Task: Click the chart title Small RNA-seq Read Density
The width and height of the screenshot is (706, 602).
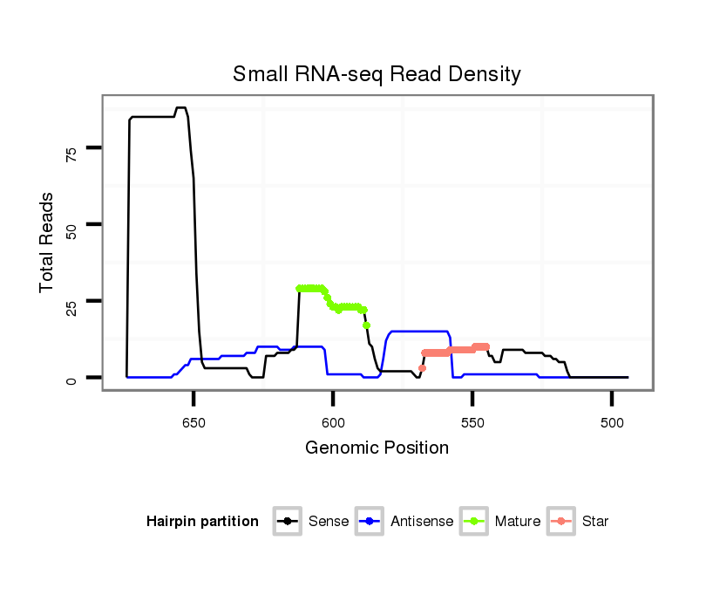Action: coord(377,74)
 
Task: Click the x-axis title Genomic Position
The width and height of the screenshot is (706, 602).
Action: coord(377,448)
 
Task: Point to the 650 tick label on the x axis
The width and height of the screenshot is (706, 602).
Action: coord(193,422)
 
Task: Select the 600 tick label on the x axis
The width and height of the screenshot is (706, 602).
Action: coord(333,422)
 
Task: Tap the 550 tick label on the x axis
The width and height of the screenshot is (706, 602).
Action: coord(472,422)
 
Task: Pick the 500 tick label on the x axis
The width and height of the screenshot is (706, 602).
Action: coord(611,422)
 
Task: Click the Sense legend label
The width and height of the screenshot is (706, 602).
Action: coord(329,522)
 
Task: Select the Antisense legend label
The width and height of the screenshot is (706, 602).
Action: coord(422,522)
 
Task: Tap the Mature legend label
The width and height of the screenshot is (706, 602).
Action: coord(518,522)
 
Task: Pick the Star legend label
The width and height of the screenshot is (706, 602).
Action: coord(594,522)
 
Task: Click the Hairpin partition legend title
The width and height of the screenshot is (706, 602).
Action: coord(202,522)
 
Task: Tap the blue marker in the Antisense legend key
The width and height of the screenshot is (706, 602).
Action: coord(370,522)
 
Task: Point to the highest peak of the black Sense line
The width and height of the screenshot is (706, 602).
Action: coord(180,108)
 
